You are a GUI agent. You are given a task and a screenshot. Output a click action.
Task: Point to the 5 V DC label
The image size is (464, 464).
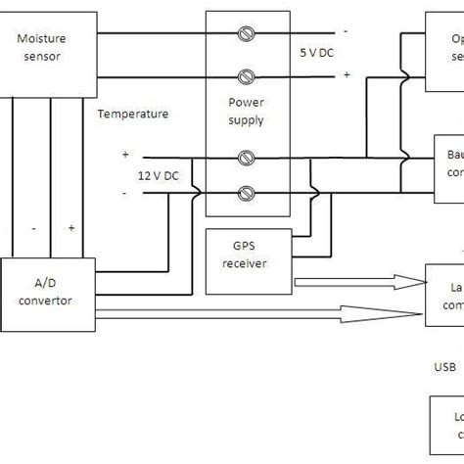coord(316,53)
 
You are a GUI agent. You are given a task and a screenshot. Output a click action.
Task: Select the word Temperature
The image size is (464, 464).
coord(133,114)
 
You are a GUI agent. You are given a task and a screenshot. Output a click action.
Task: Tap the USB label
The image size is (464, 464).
coord(444,367)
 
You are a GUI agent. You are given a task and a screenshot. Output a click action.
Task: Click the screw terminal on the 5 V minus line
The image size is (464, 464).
coord(249,34)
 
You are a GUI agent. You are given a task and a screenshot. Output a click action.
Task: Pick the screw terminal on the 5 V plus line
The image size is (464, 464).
coord(249,75)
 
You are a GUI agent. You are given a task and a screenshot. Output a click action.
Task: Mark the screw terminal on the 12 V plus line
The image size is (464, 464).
coord(249,157)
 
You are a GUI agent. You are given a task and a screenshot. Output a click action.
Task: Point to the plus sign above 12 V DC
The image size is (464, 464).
coord(125,154)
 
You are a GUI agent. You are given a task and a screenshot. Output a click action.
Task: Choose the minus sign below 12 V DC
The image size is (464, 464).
coord(125,192)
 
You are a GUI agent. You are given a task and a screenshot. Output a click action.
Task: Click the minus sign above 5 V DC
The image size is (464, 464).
coord(345,30)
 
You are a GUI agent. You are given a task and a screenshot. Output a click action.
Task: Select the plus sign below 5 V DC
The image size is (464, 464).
coord(345,74)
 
